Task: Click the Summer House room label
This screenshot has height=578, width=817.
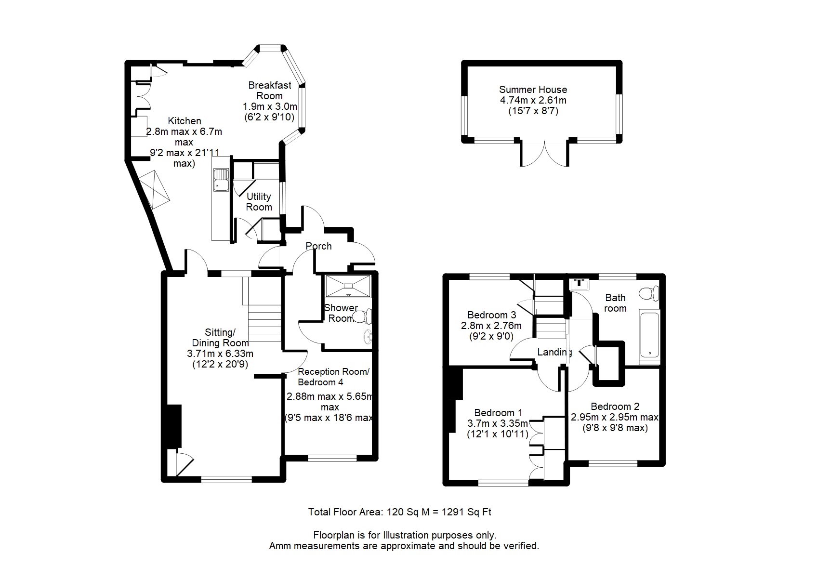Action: click(533, 89)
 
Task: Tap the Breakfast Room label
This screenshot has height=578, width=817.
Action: click(270, 91)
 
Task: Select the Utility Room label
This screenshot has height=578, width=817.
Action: click(259, 202)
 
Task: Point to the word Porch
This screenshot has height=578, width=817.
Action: click(318, 246)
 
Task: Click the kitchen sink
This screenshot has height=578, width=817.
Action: click(221, 180)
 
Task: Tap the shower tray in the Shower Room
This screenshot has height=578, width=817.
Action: click(348, 286)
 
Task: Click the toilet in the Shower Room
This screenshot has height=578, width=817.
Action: click(363, 316)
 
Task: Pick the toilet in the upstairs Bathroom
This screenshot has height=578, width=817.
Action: click(649, 293)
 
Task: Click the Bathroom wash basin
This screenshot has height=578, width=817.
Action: click(579, 284)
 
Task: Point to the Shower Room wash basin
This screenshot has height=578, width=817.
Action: click(368, 337)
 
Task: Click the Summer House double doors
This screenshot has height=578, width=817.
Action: click(544, 154)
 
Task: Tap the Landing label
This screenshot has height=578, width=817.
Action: click(554, 352)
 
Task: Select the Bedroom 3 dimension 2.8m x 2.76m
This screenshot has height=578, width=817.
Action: click(491, 325)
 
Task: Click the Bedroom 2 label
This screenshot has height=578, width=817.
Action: click(615, 406)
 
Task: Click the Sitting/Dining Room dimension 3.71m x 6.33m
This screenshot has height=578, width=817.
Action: click(220, 354)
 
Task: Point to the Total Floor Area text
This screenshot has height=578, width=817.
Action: click(400, 512)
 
